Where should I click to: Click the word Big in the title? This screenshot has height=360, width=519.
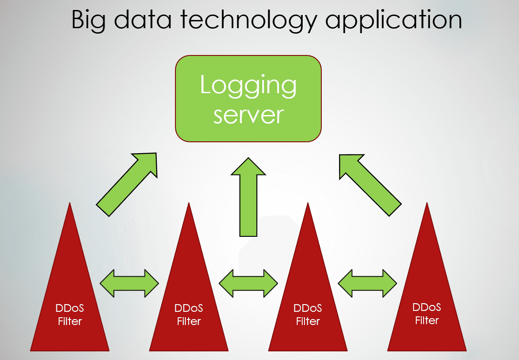pos(90,21)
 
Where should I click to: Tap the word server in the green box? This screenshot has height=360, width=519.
pos(248,115)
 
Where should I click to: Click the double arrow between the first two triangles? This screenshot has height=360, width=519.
pos(129,283)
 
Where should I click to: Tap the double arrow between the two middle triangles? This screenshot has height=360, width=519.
pos(248,283)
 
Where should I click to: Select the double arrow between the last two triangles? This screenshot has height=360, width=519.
pos(367,283)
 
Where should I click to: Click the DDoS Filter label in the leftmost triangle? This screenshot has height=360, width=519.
pos(70,315)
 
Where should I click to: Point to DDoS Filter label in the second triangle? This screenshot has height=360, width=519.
pos(189,315)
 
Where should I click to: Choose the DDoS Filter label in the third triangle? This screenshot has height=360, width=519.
pos(308,315)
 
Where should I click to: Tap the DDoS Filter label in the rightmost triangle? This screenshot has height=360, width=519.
pos(427,314)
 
